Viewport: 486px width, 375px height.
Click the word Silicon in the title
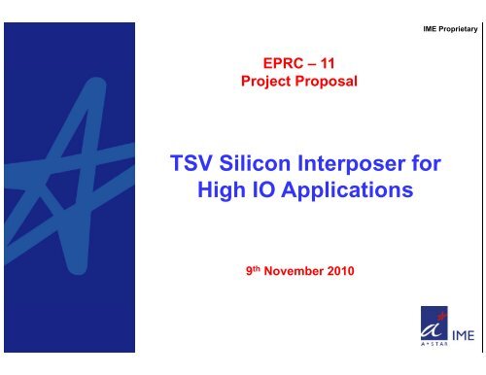(x=258, y=165)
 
